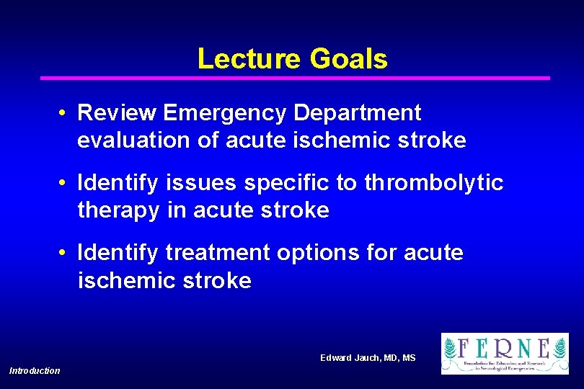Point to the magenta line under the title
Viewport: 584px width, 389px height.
coord(295,78)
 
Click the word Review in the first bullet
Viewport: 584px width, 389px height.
coord(117,113)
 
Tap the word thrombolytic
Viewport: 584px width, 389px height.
coord(433,184)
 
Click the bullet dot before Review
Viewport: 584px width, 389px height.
coord(64,114)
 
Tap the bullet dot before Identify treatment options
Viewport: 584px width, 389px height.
coord(64,254)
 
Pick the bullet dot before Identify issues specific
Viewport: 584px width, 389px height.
coord(64,184)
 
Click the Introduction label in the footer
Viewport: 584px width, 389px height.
coord(35,370)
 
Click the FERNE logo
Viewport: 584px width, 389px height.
coord(505,354)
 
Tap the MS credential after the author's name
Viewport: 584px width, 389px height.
coord(409,358)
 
